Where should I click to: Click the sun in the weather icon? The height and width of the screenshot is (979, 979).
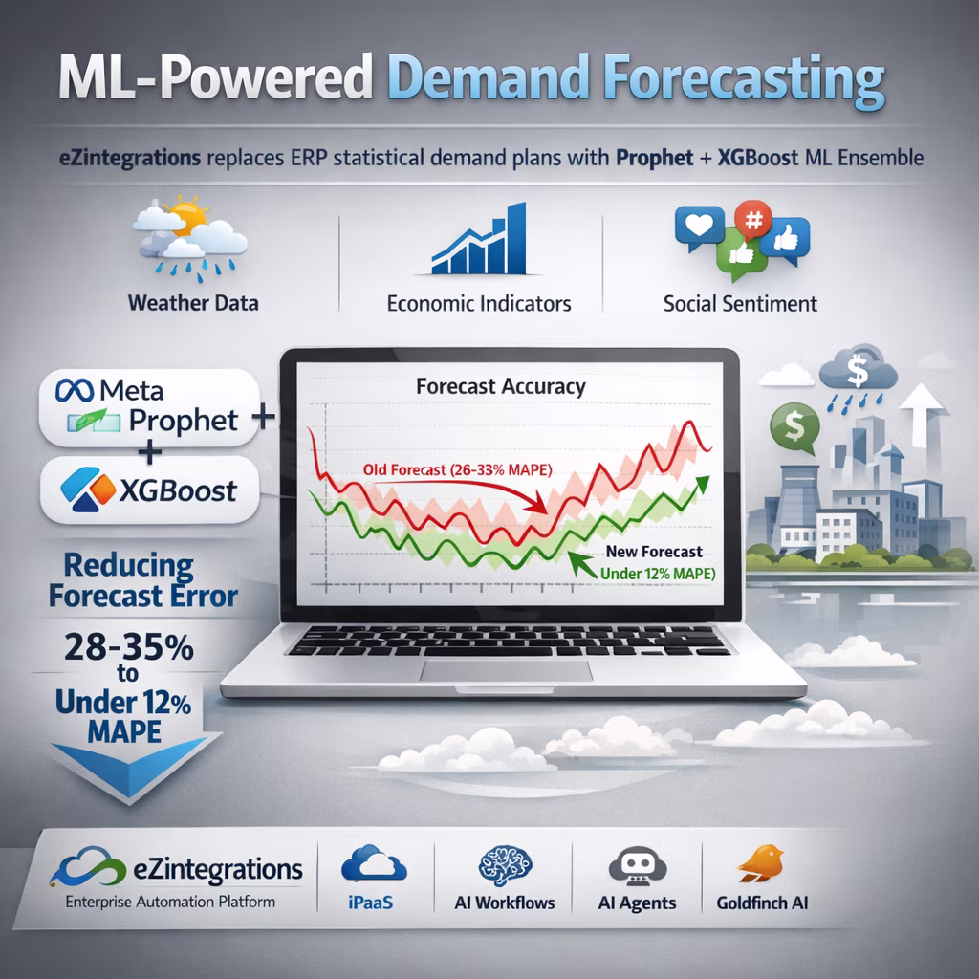point(187,216)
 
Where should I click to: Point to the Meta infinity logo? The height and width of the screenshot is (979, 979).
point(75,390)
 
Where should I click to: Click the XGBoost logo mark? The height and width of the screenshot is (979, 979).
point(88,489)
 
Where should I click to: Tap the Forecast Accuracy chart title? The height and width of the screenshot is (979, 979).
point(501,387)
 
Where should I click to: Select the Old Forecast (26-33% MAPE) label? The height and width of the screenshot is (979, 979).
point(458,469)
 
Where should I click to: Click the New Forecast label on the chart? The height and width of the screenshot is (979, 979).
point(654,552)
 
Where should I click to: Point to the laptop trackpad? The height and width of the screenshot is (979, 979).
point(507,670)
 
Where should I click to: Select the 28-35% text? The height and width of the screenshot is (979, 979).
point(129,647)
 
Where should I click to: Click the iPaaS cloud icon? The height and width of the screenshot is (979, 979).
point(374,864)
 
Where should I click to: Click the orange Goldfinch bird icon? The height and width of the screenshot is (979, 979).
point(761,863)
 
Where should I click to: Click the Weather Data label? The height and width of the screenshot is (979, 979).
point(193,303)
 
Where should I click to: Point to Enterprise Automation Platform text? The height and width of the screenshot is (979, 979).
point(170,903)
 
